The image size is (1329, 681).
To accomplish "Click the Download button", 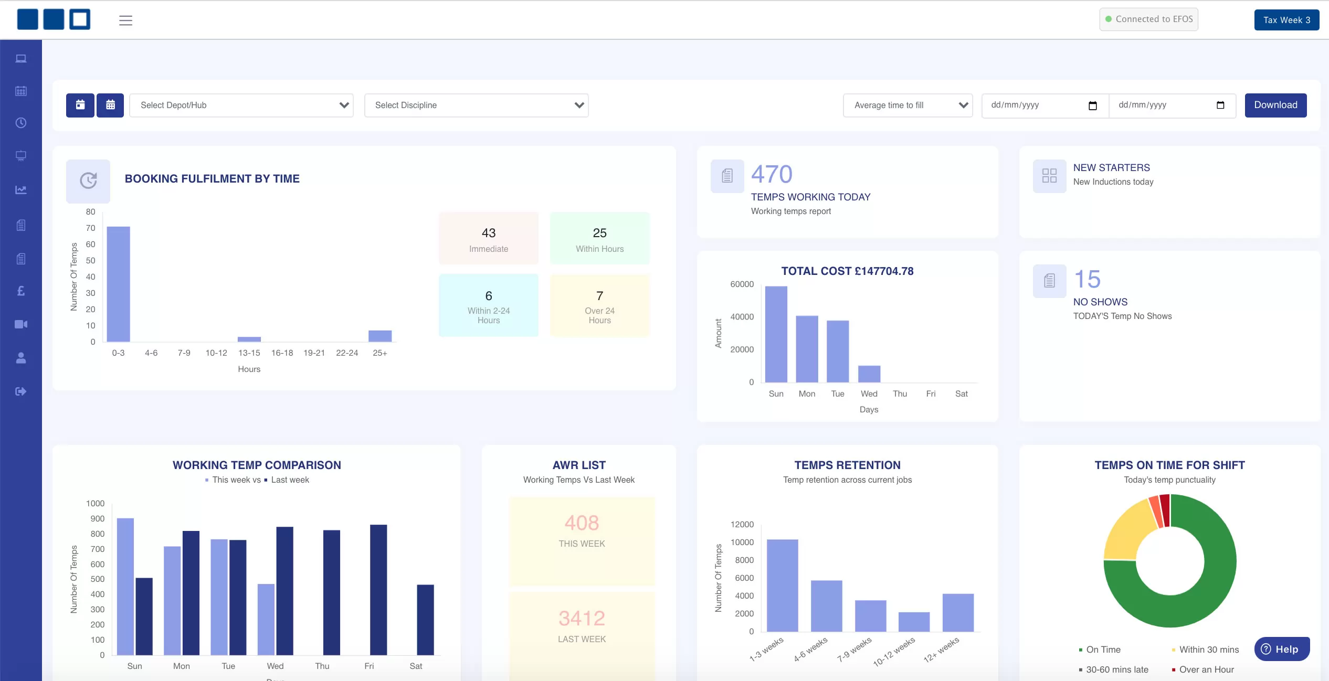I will coord(1275,105).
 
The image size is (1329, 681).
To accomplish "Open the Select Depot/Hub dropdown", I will coord(241,105).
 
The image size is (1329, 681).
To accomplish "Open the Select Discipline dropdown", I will coord(476,105).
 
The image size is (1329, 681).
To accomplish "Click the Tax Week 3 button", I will coord(1286,20).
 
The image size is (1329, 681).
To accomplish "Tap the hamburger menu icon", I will coord(125,20).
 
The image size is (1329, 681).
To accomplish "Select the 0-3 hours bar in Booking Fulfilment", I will coord(118,283).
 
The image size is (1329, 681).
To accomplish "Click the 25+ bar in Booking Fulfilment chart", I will coord(379,336).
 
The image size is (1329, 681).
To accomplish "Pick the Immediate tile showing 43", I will coord(488,239).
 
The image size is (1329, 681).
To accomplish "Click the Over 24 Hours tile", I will coord(599,305).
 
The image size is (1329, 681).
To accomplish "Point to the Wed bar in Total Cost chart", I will coord(869,374).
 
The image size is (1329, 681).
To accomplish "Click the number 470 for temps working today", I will coord(771,174).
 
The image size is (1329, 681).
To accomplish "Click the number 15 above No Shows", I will coord(1087,279).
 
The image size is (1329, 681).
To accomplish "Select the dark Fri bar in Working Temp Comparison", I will coord(378,589).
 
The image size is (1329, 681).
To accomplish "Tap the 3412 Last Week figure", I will coord(581,618).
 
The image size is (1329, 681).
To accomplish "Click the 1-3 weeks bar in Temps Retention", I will coord(782,585).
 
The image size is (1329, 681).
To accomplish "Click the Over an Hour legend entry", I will coord(1206,669).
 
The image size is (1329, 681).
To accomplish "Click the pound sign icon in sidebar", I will coord(21,291).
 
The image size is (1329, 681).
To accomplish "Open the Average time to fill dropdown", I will coord(908,105).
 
